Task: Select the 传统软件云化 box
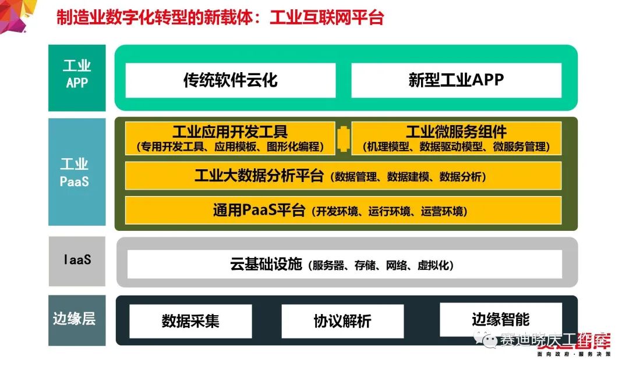point(231,80)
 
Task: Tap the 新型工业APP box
point(456,80)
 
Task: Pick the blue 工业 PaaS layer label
point(77,172)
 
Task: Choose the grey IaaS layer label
point(77,260)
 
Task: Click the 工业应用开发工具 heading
point(230,132)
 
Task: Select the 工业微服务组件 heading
point(456,132)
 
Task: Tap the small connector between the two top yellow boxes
point(343,138)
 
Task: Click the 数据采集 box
point(190,321)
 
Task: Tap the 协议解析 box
point(342,321)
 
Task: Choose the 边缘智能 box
point(500,319)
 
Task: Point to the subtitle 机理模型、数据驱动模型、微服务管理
point(456,147)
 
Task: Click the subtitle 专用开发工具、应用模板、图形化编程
point(230,147)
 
